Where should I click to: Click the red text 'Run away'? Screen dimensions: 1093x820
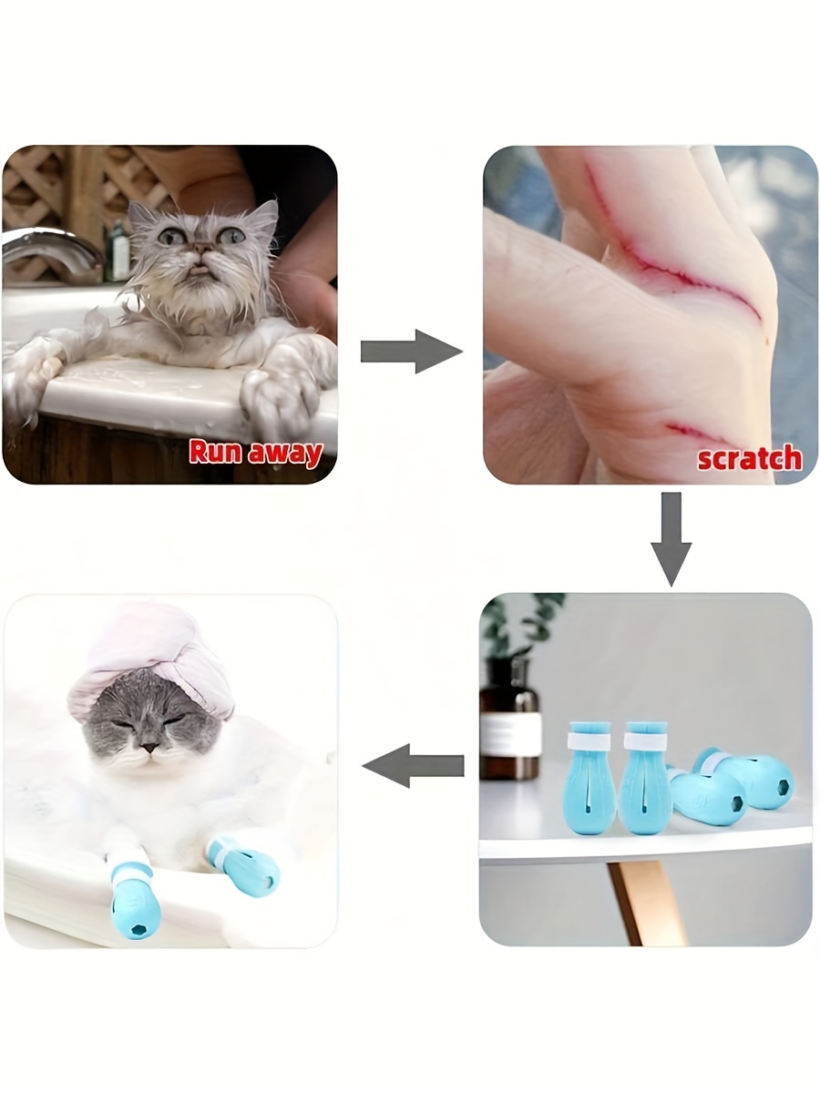click(x=255, y=453)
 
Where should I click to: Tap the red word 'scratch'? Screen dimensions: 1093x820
click(x=749, y=457)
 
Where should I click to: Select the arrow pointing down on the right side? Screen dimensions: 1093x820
click(x=671, y=538)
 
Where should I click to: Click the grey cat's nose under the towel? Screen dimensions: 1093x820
click(x=151, y=747)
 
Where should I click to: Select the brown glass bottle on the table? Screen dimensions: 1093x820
click(x=509, y=724)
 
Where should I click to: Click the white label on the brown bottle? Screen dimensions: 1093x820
click(x=509, y=734)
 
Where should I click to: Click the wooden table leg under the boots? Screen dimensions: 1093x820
click(x=643, y=902)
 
